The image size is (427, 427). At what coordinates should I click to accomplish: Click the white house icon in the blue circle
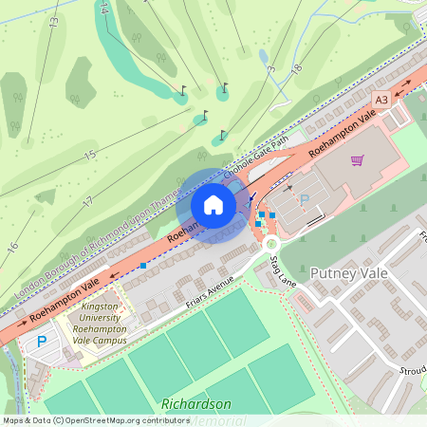(213, 205)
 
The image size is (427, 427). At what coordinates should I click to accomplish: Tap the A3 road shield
(381, 100)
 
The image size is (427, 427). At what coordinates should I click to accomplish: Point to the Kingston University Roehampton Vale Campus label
(104, 324)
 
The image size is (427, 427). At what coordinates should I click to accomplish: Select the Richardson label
(196, 403)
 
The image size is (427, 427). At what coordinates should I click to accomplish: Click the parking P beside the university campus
(41, 341)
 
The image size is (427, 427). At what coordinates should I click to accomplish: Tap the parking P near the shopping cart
(305, 200)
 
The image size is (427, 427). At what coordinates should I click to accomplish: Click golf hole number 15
(90, 155)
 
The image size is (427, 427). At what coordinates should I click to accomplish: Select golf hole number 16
(13, 247)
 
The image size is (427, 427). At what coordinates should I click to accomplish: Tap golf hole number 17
(87, 201)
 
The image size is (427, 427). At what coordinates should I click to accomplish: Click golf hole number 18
(297, 68)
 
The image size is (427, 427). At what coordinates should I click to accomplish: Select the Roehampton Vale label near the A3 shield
(343, 131)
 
